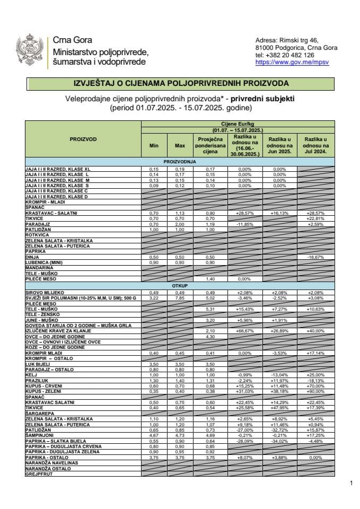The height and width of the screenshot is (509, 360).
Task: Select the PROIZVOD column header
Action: [x=83, y=139]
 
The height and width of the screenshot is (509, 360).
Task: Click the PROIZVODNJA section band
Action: [x=180, y=161]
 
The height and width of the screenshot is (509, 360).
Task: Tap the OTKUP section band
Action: [x=180, y=286]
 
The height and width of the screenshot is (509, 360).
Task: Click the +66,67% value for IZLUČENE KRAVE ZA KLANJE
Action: [x=244, y=331]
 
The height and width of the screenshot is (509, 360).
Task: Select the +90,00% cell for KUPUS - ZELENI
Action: [x=315, y=391]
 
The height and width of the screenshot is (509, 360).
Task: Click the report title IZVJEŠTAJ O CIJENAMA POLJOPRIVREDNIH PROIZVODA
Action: [x=180, y=83]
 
